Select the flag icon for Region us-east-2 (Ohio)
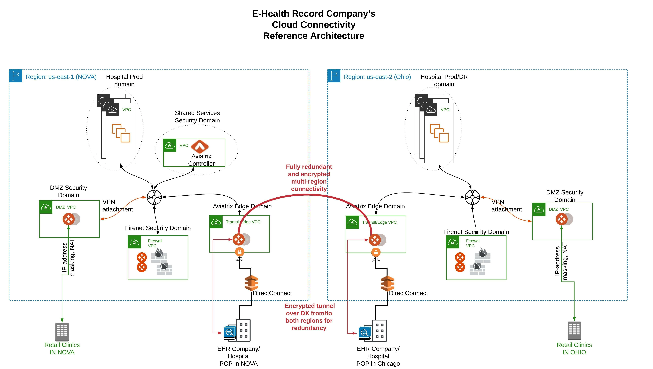[x=334, y=76]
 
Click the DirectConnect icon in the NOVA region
[x=251, y=283]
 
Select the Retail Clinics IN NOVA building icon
[x=62, y=332]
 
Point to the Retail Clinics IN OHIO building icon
[x=574, y=331]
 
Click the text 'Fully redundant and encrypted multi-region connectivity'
[x=309, y=178]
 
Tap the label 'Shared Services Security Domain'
[x=197, y=117]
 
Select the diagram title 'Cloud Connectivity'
[x=314, y=25]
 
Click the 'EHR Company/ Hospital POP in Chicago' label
[x=378, y=356]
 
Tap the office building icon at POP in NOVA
[x=243, y=330]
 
